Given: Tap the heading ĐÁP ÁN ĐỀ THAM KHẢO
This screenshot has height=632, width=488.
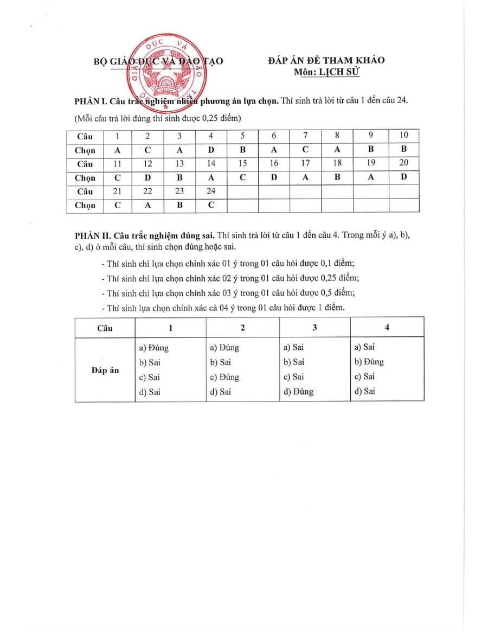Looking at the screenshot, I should (x=326, y=60).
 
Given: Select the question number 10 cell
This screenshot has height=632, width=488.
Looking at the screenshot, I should (x=403, y=136).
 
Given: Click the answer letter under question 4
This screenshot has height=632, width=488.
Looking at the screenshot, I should (x=211, y=150).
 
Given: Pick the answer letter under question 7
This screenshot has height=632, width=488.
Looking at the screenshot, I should (x=305, y=150).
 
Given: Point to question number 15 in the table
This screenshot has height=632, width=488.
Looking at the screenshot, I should (x=242, y=163).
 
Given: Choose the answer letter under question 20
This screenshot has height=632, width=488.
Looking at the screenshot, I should (x=403, y=177).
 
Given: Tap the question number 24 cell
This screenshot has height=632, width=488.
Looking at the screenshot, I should (x=211, y=191).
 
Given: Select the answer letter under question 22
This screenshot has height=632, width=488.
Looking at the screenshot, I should (x=148, y=205).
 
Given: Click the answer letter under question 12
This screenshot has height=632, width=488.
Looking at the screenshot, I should (x=148, y=177).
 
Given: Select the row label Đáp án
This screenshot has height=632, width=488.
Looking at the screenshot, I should (x=105, y=370).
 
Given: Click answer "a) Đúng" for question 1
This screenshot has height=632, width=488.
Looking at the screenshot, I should (x=154, y=348).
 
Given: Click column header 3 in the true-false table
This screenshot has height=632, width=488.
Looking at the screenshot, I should (x=314, y=328).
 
